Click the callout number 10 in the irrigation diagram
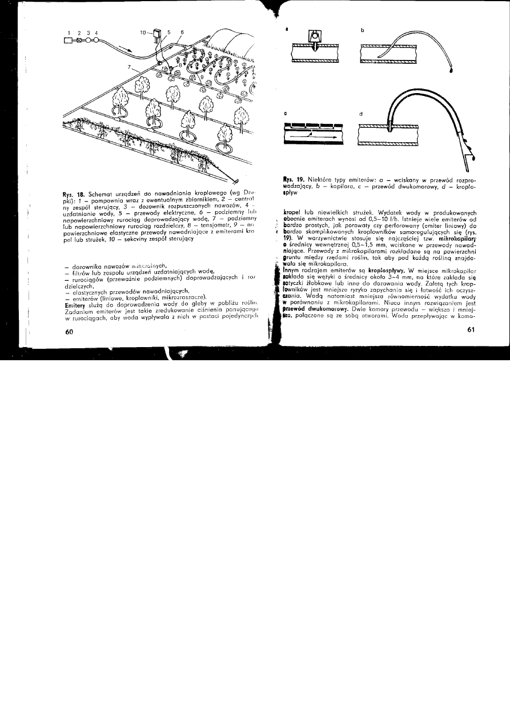click(144, 33)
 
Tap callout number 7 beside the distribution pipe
click(130, 67)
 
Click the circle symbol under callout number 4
click(97, 41)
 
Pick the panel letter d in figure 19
click(361, 114)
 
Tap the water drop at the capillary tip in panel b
click(451, 72)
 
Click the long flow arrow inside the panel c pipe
click(311, 138)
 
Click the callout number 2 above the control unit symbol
click(79, 33)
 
